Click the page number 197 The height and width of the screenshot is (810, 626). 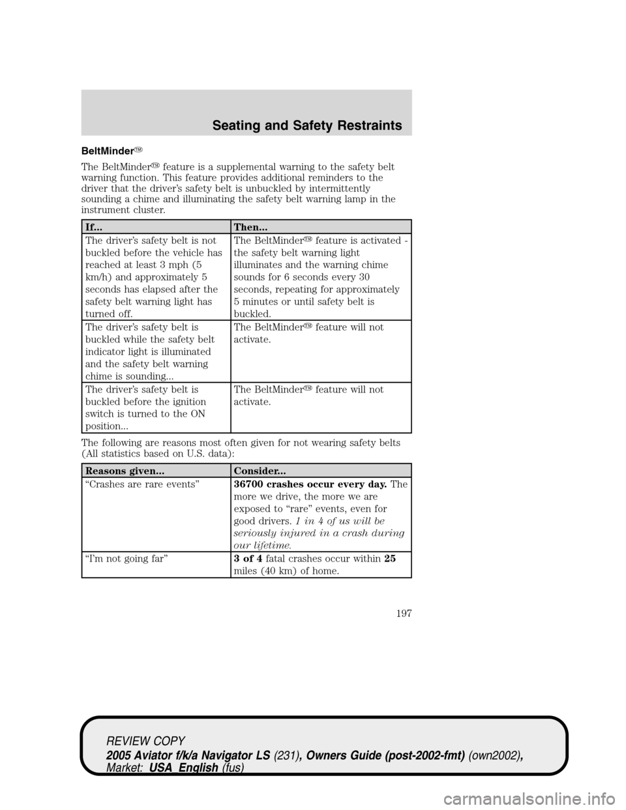pos(402,613)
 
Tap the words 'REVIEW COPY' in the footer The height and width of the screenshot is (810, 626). pos(146,742)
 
